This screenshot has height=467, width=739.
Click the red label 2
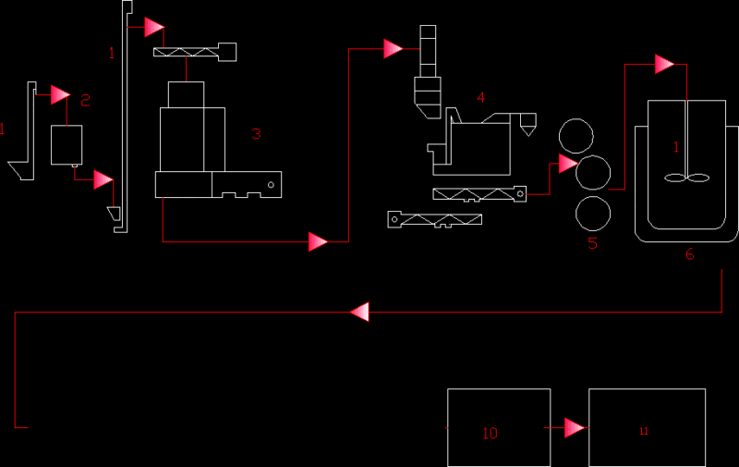(85, 100)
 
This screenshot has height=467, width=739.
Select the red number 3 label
(256, 134)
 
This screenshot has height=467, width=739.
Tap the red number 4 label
(480, 97)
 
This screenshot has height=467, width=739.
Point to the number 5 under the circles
(592, 243)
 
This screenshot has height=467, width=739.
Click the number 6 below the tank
(689, 254)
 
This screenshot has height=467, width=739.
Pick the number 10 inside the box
(491, 433)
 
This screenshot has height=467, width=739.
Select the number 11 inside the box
(644, 431)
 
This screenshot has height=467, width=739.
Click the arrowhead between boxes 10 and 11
(575, 428)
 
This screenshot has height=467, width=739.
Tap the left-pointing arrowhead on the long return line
(359, 312)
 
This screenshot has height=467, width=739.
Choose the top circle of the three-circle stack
(575, 136)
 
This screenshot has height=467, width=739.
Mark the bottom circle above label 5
(593, 214)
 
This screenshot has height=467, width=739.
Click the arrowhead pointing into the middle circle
(568, 164)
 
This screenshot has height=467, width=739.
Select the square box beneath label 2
(67, 145)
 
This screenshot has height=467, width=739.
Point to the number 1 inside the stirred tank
(676, 147)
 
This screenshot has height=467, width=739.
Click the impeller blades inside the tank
(686, 178)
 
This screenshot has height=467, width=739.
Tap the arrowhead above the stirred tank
(664, 64)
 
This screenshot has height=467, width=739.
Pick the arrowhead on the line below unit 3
(318, 241)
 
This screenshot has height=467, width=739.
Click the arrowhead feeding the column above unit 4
(394, 49)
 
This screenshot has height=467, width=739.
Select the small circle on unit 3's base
(271, 185)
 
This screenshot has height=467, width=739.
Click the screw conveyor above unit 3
(195, 52)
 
